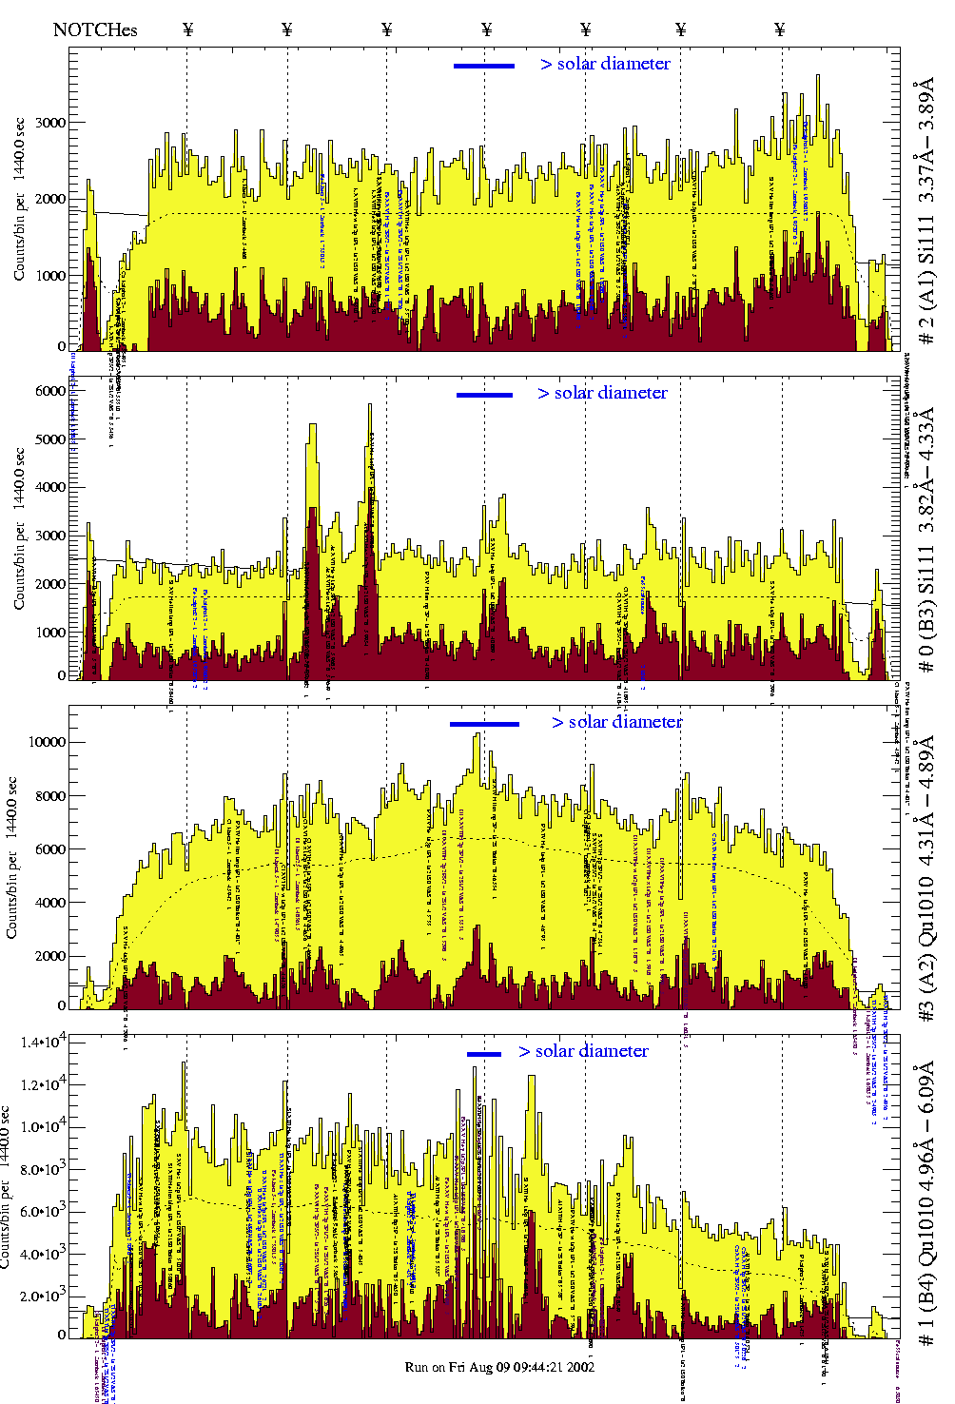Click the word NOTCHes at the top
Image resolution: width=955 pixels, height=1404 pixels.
[95, 29]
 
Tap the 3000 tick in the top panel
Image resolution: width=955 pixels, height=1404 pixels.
[51, 123]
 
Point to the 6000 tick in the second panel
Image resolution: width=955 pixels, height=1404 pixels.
[51, 391]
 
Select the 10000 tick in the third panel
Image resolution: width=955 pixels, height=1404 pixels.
[47, 742]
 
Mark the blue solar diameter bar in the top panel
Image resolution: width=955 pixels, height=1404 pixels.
[484, 66]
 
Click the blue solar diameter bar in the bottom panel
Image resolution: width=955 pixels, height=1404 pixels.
[484, 1054]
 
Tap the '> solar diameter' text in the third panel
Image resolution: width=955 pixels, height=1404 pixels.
[617, 722]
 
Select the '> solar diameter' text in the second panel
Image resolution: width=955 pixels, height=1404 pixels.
[603, 393]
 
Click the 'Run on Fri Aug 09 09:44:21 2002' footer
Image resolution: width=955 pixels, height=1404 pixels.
[499, 1367]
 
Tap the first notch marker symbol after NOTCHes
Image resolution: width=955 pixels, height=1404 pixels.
[187, 29]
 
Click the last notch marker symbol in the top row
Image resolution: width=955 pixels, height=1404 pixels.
[780, 29]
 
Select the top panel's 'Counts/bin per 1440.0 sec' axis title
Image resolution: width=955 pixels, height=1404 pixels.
[20, 199]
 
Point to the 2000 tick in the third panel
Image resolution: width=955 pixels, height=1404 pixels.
[49, 956]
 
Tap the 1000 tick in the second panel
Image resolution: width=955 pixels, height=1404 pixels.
[51, 633]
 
